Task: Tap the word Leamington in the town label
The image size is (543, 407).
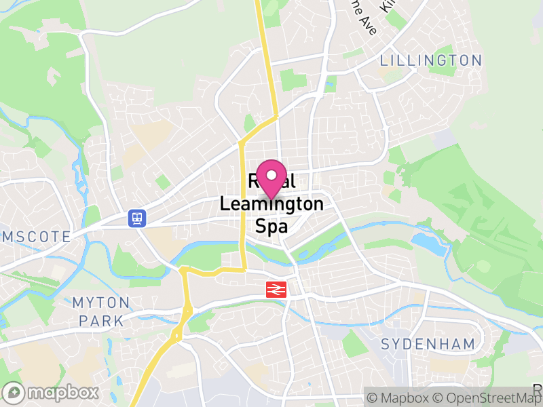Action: (x=271, y=203)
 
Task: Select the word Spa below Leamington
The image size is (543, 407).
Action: (x=271, y=225)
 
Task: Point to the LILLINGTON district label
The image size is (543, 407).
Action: (x=430, y=60)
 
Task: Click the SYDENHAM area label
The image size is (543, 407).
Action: (x=428, y=344)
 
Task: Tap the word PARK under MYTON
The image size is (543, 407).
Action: (x=101, y=320)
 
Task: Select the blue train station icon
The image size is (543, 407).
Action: (x=137, y=218)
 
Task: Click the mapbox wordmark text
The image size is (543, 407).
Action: (x=63, y=392)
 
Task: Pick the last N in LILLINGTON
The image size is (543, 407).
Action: (x=476, y=60)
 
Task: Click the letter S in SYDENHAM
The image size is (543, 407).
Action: (x=386, y=344)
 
